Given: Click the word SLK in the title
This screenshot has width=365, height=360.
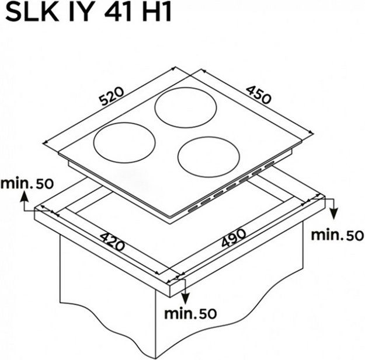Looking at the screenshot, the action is (32, 13).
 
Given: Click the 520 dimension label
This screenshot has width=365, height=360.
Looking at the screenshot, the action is (112, 96).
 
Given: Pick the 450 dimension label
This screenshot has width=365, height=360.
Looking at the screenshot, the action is (259, 95).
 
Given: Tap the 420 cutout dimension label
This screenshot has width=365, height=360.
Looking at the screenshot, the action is (113, 242).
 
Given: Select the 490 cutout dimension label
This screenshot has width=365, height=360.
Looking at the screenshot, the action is (234, 238).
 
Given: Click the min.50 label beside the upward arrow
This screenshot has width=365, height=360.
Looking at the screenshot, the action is (27, 184).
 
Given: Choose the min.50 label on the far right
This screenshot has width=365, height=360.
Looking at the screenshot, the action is (338, 235).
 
